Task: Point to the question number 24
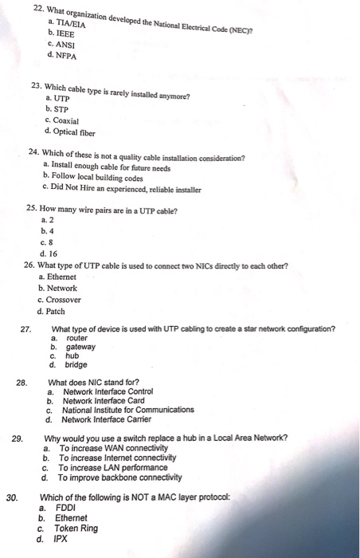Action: (33, 152)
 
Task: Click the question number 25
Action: (31, 210)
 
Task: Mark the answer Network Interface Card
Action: (107, 401)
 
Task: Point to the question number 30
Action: (12, 497)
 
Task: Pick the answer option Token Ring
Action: (76, 528)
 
